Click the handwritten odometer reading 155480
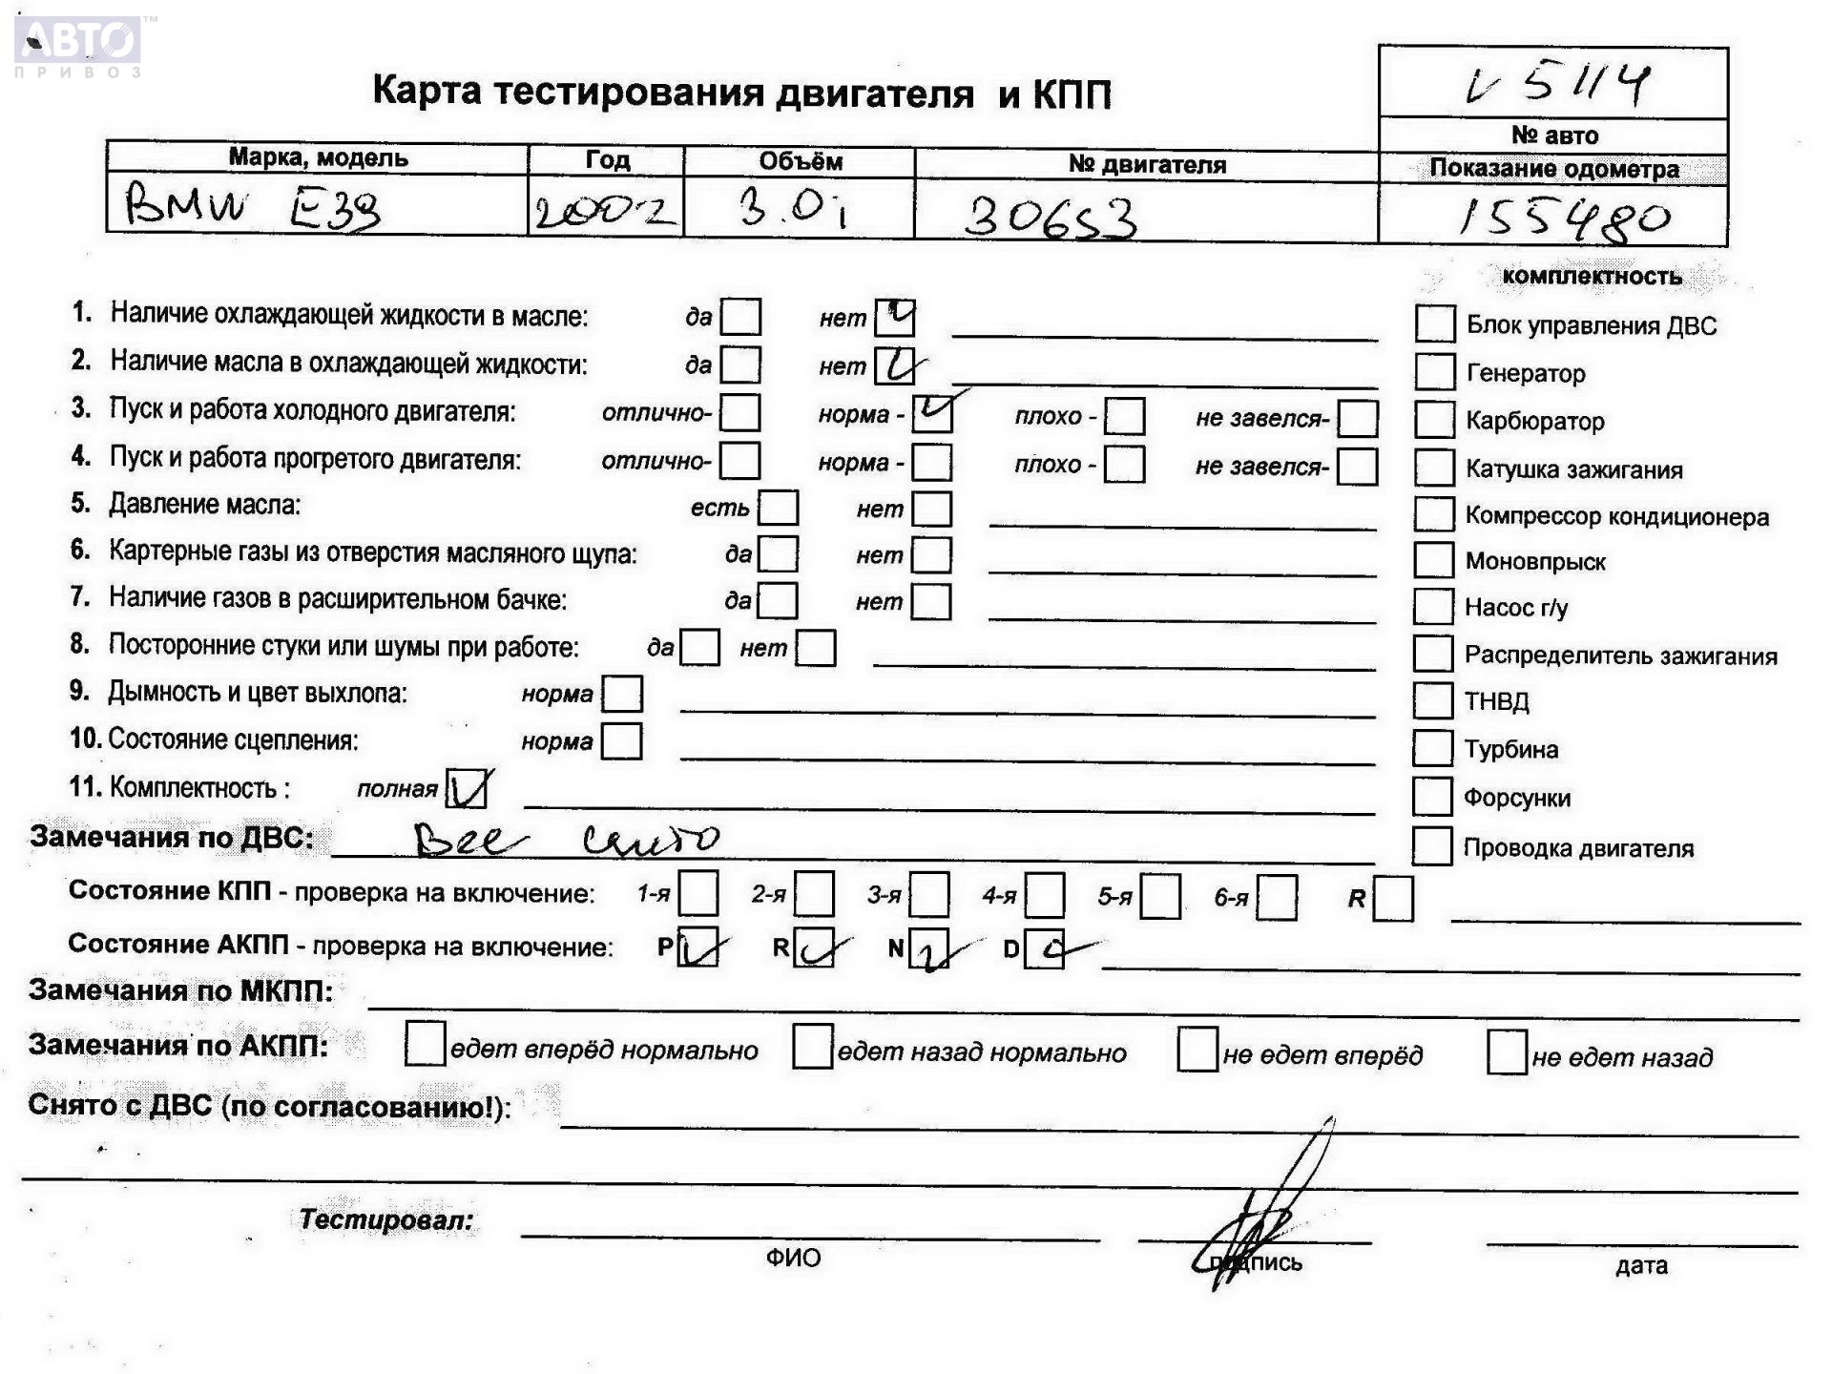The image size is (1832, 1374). point(1565,219)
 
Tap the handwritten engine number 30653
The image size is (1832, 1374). point(1050,218)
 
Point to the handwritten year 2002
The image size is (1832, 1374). point(604,211)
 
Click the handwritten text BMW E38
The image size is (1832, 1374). point(254,206)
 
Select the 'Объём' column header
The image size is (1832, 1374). point(800,161)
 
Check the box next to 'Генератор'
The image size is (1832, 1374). point(1434,372)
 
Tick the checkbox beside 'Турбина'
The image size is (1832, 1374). point(1432,748)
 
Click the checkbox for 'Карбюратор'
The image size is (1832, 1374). point(1434,420)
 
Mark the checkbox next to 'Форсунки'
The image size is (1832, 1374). point(1432,796)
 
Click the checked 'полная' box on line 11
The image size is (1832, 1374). point(468,788)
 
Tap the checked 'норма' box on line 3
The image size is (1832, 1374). point(931,413)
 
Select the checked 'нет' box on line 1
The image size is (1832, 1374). point(894,318)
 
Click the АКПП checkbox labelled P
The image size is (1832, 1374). point(697,947)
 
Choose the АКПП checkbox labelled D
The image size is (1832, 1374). point(1044,949)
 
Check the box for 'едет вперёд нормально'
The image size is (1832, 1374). point(425,1044)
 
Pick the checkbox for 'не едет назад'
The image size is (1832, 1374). point(1507,1052)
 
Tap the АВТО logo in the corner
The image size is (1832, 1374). point(78,43)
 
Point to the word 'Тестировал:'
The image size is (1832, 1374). point(385,1219)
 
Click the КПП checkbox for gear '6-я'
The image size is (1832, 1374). point(1277,898)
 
